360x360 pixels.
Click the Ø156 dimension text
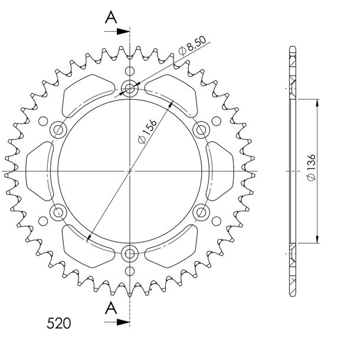[x=148, y=132]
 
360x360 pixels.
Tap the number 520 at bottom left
[x=59, y=323]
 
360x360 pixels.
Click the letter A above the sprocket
[x=111, y=17]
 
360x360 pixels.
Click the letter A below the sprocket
[x=111, y=308]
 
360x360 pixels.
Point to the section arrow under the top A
[x=117, y=31]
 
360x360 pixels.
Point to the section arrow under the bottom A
[x=117, y=322]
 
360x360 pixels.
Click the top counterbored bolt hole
[x=130, y=89]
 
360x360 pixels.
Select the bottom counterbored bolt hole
[x=130, y=254]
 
